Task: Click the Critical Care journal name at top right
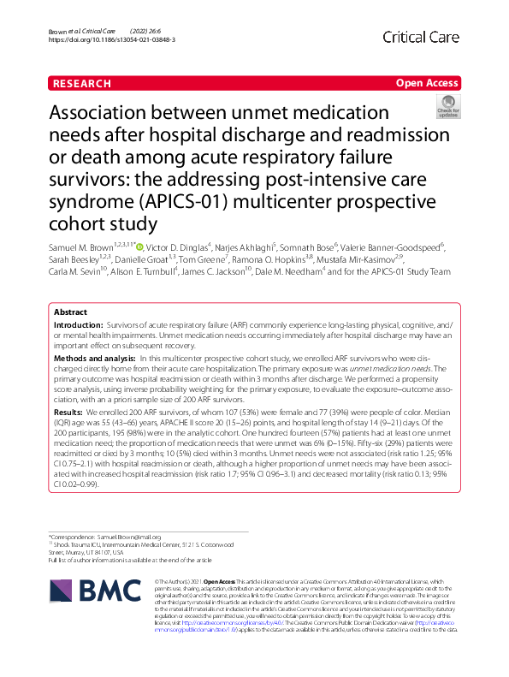tap(423, 37)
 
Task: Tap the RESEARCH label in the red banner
tap(82, 83)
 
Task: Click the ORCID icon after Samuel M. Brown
tap(140, 247)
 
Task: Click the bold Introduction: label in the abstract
tap(79, 327)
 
